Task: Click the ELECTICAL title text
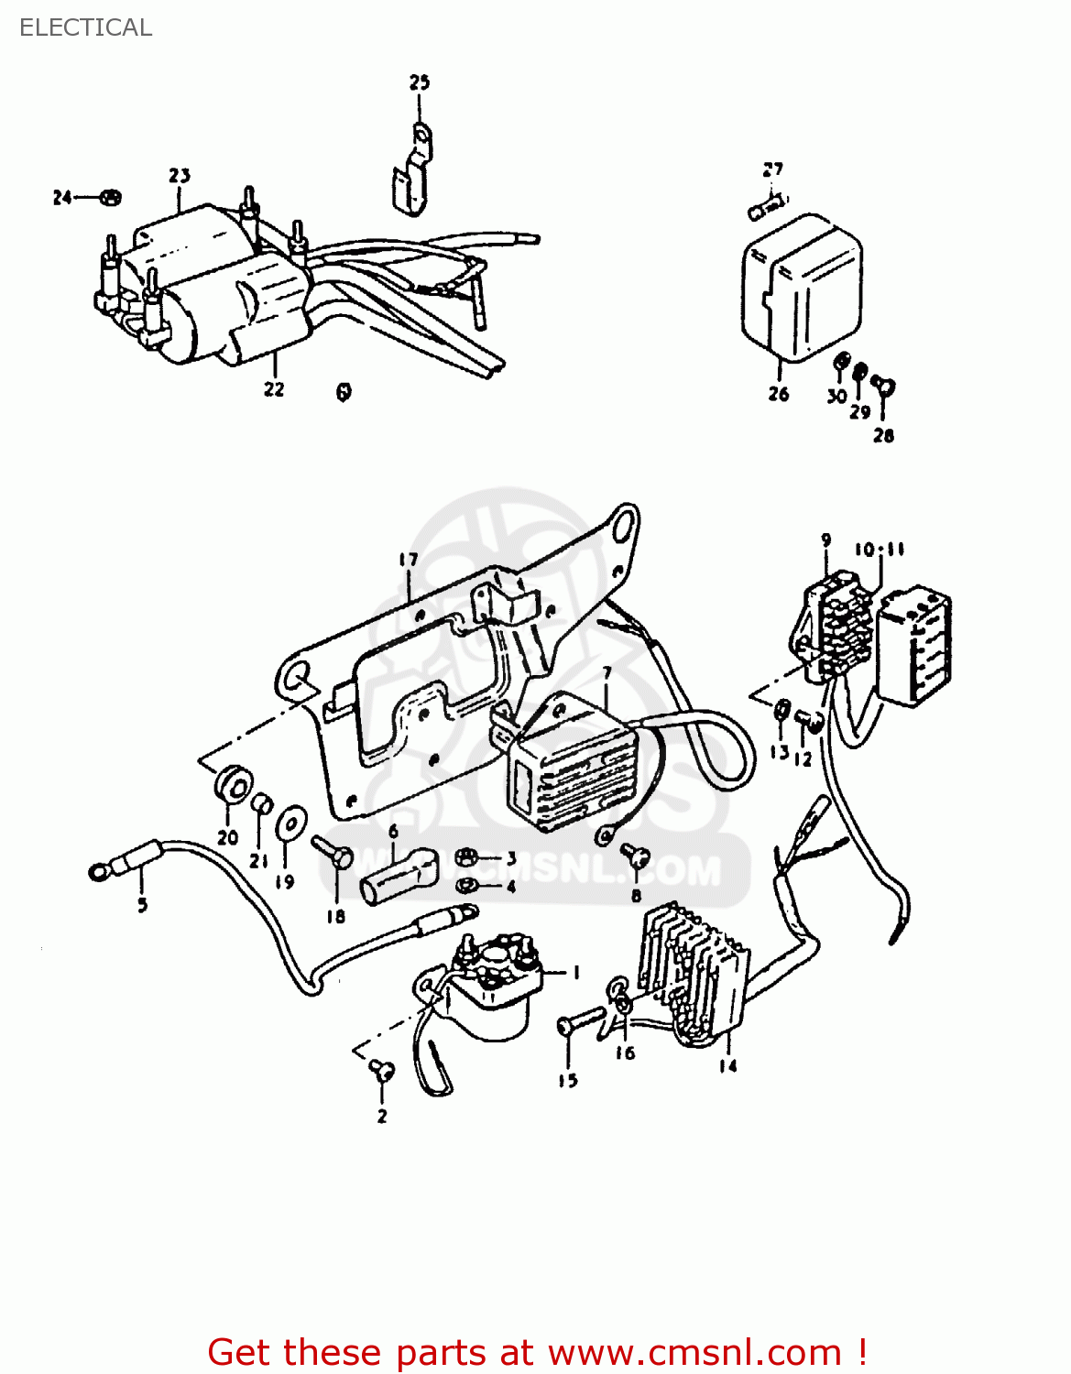click(x=85, y=27)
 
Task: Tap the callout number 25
click(x=419, y=82)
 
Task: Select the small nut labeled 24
click(x=110, y=197)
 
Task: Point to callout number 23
click(x=180, y=175)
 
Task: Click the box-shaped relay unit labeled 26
click(x=801, y=287)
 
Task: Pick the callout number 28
click(x=883, y=436)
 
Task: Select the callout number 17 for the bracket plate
click(x=408, y=560)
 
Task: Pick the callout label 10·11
click(x=880, y=550)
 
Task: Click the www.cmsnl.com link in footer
click(x=694, y=1352)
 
